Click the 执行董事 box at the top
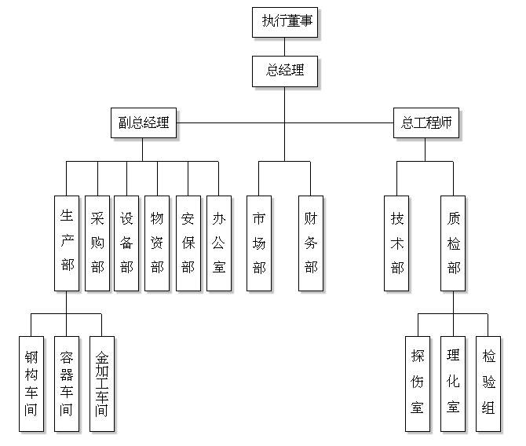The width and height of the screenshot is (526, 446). click(x=285, y=22)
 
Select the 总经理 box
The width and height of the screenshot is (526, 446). click(x=285, y=71)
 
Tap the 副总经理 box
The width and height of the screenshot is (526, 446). click(x=144, y=122)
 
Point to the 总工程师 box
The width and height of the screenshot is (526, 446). click(x=426, y=122)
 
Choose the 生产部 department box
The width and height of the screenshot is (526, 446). click(x=67, y=243)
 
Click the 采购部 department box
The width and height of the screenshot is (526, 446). click(x=97, y=243)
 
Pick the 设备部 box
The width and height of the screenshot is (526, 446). click(x=126, y=243)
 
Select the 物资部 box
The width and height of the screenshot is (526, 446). click(x=157, y=243)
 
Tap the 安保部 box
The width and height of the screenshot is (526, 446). click(x=188, y=243)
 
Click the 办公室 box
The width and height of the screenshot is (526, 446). click(x=218, y=243)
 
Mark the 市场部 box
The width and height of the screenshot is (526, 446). click(x=259, y=243)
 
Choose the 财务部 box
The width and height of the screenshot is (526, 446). click(x=311, y=243)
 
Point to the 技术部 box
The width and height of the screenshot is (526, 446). click(x=397, y=243)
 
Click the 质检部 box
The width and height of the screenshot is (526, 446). click(x=453, y=243)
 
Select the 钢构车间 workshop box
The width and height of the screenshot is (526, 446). click(x=31, y=384)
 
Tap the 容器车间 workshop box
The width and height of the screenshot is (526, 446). click(x=67, y=384)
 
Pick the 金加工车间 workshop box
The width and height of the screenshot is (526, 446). click(x=102, y=384)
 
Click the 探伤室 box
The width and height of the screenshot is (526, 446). click(x=418, y=384)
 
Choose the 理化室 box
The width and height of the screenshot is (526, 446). click(x=453, y=384)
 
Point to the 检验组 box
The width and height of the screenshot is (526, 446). click(x=488, y=384)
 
